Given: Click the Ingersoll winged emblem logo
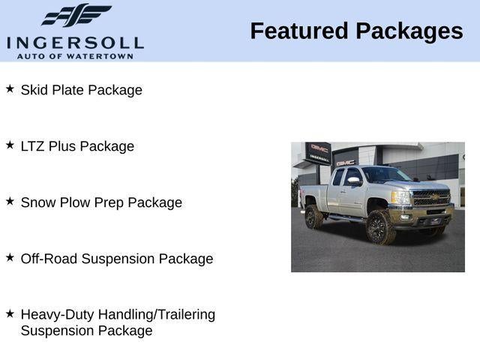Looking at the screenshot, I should point(75,16).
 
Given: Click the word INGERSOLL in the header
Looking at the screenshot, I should point(75,43).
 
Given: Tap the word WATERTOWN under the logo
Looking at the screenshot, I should point(104,55).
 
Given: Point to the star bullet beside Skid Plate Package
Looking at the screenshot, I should point(10,89).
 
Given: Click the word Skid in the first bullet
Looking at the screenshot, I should point(34,90).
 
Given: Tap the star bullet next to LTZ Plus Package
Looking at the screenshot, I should point(10,145).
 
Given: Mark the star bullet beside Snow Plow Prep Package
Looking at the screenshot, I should point(10,202).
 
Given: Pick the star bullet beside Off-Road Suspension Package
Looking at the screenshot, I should point(10,258).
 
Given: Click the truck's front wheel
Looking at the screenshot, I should point(380,227).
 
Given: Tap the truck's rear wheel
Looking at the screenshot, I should point(314,217).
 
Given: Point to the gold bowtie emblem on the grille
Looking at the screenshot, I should point(434,198).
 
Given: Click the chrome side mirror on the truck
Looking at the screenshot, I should point(352,181).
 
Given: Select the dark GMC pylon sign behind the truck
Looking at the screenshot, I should point(319,152).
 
